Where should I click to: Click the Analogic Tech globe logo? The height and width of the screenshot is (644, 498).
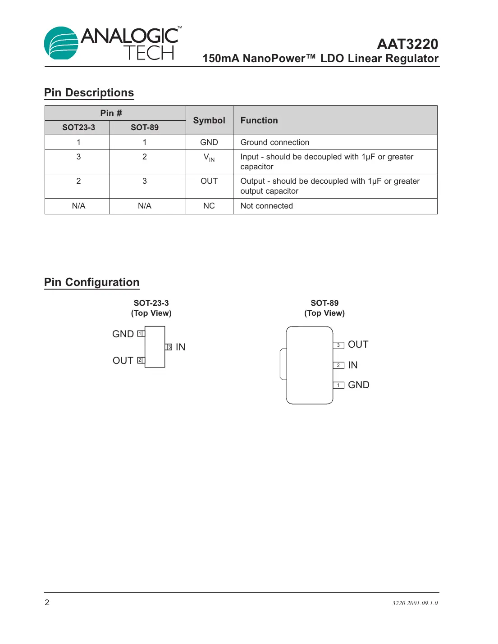click(61, 43)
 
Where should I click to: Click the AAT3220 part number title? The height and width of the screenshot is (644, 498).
click(407, 44)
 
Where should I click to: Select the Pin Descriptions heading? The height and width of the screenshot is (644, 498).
click(89, 93)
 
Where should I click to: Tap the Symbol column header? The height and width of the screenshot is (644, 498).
click(209, 120)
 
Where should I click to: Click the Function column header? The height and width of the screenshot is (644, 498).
click(259, 120)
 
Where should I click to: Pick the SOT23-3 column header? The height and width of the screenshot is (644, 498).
click(78, 127)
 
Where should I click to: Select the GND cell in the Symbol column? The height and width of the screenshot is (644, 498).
click(209, 142)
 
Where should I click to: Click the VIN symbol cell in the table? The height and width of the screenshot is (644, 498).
click(209, 157)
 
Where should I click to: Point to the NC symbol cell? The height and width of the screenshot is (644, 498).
click(209, 206)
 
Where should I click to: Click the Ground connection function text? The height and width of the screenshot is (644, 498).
click(275, 142)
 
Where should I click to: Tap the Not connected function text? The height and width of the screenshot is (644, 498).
click(267, 206)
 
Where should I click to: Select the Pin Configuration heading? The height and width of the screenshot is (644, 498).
click(92, 282)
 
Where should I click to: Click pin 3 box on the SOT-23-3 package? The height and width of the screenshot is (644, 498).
click(169, 347)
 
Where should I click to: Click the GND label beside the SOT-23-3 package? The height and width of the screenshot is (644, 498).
click(123, 334)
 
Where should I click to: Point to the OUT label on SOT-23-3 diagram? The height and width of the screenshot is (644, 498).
click(123, 361)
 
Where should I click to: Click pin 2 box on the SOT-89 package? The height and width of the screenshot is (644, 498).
click(338, 365)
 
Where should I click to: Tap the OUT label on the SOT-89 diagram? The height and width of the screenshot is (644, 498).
click(358, 345)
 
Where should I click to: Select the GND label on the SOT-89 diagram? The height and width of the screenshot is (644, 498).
click(359, 385)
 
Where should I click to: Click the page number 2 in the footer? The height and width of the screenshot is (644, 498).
click(47, 603)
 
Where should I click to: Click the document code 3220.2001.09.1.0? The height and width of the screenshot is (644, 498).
click(415, 603)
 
